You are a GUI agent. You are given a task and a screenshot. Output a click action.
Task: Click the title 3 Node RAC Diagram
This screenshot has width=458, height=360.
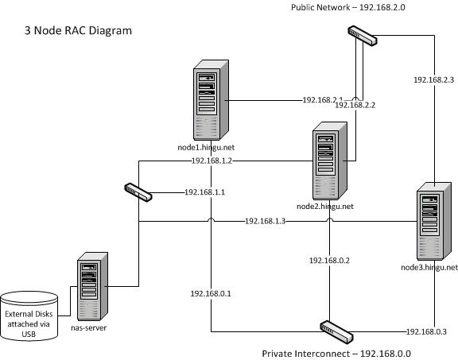pos(78,31)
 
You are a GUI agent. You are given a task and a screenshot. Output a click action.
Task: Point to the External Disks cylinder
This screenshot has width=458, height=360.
pos(29,315)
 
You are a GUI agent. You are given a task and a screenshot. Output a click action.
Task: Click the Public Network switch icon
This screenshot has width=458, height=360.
pos(361,36)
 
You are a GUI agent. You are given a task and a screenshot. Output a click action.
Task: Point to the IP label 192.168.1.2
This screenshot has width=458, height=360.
pos(211,161)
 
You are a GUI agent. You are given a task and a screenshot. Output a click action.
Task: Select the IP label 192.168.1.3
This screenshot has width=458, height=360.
pos(265,221)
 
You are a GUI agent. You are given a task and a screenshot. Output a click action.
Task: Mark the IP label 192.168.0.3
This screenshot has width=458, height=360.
pos(426,331)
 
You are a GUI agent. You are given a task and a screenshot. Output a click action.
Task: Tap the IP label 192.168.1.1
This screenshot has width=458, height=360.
pos(205,192)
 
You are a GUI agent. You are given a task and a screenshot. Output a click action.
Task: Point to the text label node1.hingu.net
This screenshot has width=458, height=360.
pos(206,147)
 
